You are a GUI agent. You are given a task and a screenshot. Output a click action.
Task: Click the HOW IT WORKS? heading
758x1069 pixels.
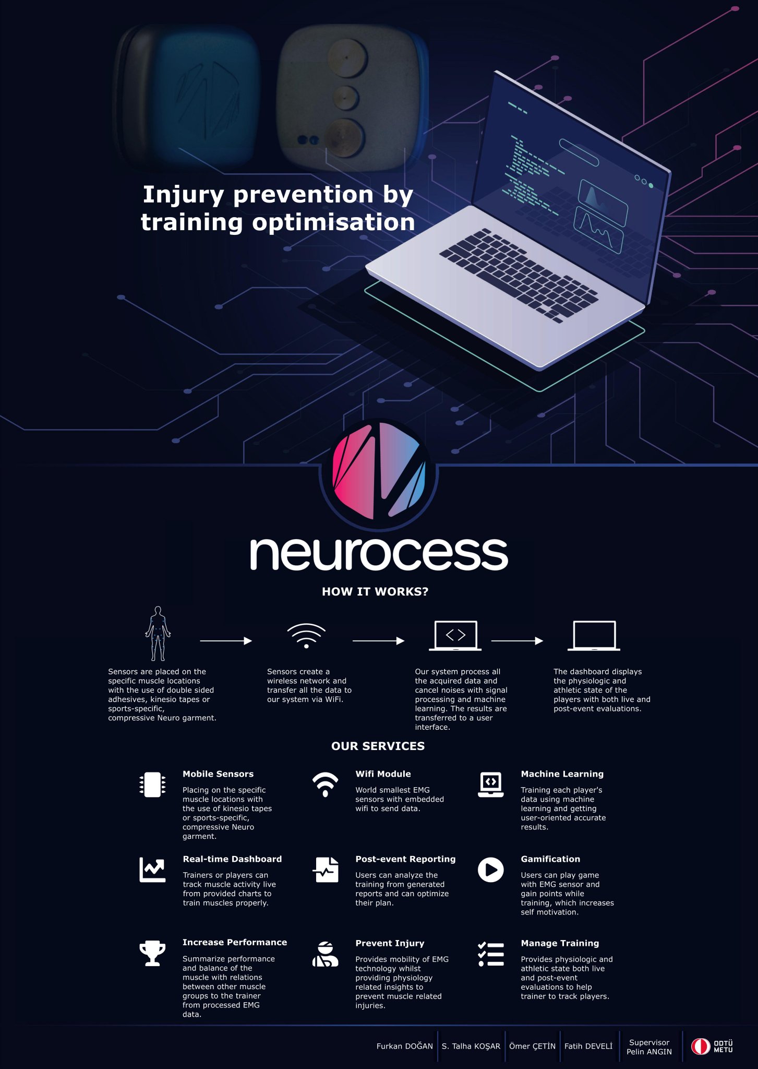click(x=375, y=591)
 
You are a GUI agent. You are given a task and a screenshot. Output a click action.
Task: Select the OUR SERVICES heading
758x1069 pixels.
click(x=378, y=746)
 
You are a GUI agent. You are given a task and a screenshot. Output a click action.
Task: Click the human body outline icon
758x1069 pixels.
click(x=158, y=634)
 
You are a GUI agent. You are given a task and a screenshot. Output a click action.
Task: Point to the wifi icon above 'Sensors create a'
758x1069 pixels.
click(x=306, y=635)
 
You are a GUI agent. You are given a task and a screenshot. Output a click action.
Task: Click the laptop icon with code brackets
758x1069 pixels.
click(x=455, y=635)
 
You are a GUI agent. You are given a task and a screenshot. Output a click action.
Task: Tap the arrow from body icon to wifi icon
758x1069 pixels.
click(x=226, y=640)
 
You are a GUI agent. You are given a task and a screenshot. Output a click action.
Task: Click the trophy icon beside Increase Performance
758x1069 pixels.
click(x=152, y=953)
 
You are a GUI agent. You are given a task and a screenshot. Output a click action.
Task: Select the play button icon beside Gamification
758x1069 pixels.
click(x=490, y=870)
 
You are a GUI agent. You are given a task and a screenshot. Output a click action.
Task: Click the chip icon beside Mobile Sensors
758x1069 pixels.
click(x=152, y=785)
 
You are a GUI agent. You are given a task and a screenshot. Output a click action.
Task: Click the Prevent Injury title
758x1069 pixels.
click(x=390, y=943)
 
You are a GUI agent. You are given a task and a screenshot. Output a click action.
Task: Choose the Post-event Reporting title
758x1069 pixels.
click(x=405, y=859)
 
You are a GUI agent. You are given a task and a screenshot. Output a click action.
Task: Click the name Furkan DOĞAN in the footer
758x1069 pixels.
click(x=404, y=1046)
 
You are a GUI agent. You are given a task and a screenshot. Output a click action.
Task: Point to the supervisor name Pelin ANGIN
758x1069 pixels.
click(x=649, y=1052)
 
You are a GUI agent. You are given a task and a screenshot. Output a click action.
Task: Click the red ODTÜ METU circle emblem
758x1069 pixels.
click(x=700, y=1046)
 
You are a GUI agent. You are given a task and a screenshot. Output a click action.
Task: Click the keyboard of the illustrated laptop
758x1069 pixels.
click(x=519, y=274)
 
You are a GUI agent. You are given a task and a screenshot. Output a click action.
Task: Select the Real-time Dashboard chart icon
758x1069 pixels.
click(x=152, y=870)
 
